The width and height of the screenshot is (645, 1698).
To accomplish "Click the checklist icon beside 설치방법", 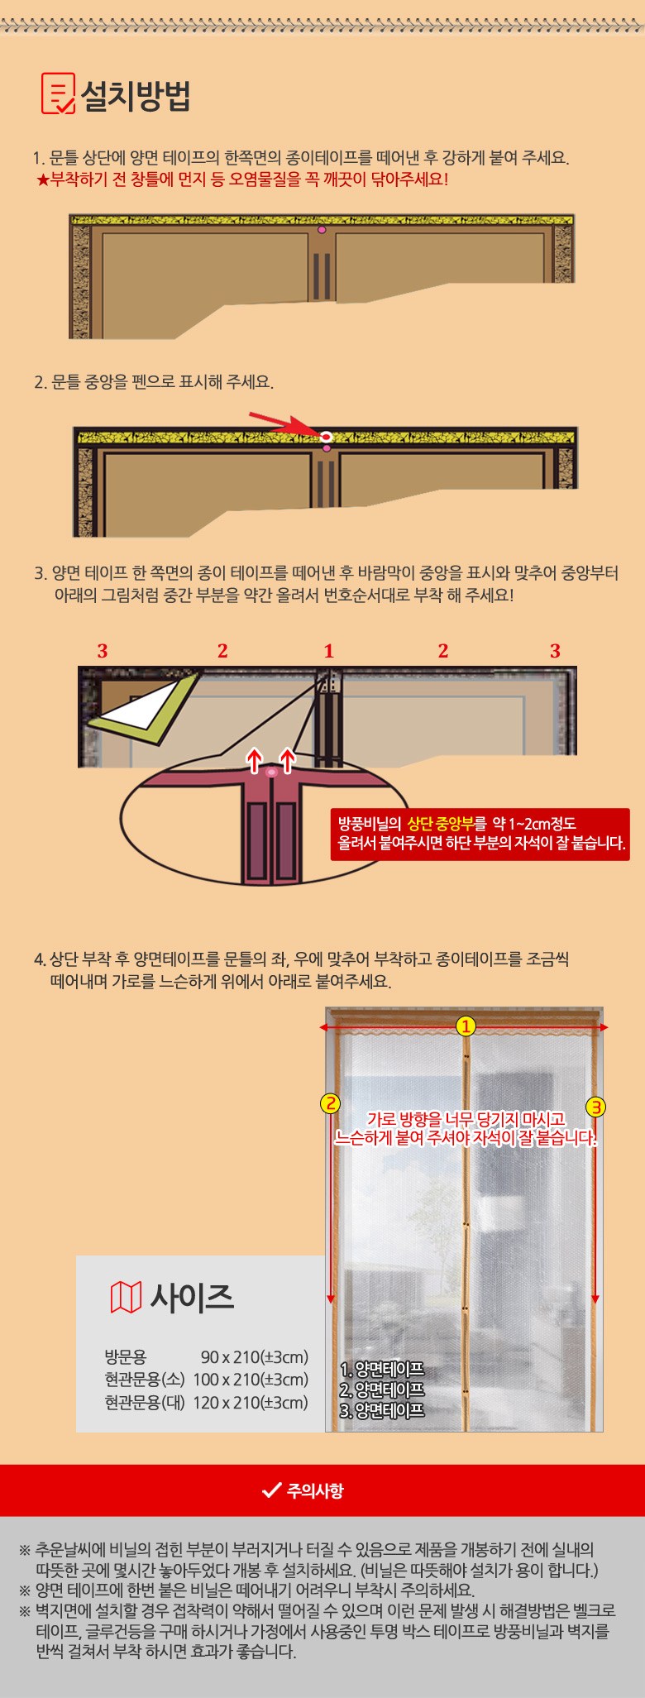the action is [58, 93].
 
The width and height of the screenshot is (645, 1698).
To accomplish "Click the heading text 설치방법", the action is [136, 95].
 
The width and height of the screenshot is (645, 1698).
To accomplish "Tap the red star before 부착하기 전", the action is [43, 179].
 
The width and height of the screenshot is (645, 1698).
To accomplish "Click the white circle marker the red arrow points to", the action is [326, 435].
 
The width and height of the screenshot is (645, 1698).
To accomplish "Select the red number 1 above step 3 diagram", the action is [328, 651].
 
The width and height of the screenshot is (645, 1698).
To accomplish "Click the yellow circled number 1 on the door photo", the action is [466, 1026].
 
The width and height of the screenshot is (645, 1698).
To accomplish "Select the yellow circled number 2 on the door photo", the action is [331, 1103].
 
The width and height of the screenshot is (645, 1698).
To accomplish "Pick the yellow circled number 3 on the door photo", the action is [596, 1107].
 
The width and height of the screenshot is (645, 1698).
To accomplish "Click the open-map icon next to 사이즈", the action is [126, 1297].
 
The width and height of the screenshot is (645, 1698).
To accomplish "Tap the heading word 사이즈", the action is [192, 1297].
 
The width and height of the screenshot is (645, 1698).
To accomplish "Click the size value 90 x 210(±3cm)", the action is [254, 1356].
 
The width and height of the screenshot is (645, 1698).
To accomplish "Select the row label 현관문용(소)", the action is [145, 1379].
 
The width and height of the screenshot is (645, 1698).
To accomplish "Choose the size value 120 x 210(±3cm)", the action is [251, 1402].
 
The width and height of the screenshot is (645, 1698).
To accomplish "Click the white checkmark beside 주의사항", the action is [271, 1490].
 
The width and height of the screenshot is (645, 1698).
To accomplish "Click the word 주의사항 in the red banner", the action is [315, 1490].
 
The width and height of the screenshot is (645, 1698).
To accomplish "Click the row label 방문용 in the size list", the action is [126, 1356].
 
